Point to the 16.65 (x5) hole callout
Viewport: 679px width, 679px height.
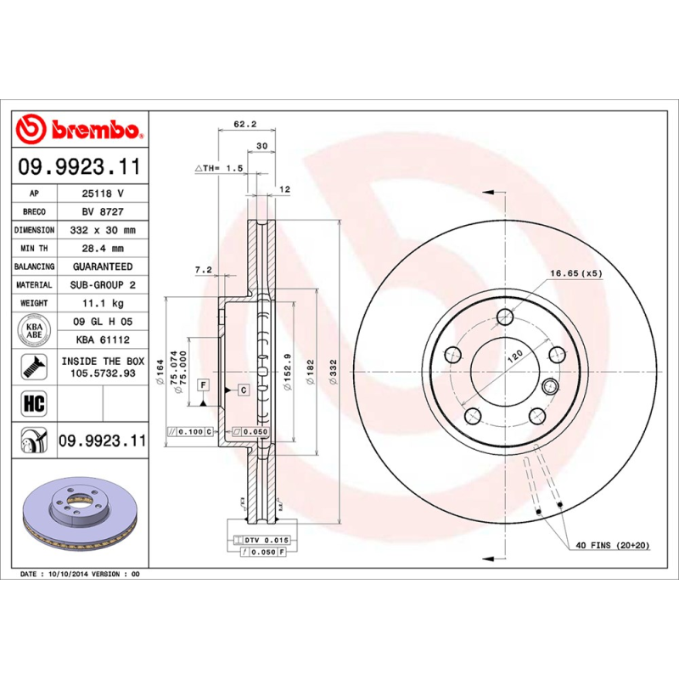575,273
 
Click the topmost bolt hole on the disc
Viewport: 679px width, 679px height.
506,317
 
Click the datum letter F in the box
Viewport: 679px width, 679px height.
204,384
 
